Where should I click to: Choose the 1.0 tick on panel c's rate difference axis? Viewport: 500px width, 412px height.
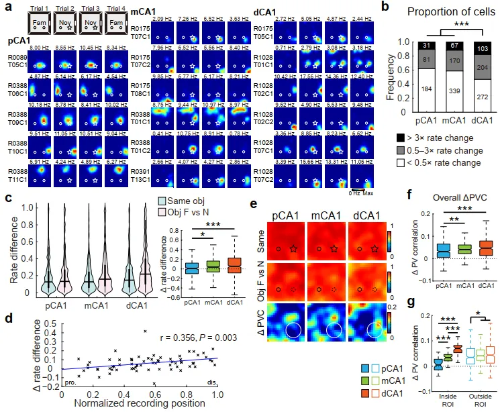[x=12, y=207]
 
